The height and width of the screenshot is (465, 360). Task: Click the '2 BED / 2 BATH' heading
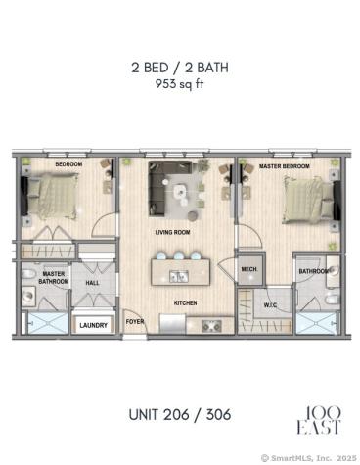[x=179, y=68]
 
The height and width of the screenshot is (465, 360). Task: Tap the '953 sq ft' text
[x=179, y=84]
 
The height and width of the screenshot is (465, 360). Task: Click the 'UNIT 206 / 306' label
[x=179, y=413]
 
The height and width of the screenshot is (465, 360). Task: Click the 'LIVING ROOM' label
[x=172, y=232]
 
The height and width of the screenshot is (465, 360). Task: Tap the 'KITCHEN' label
[x=186, y=303]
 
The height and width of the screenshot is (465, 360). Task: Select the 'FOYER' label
[x=134, y=320]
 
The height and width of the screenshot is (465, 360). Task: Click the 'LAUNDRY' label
[x=93, y=325]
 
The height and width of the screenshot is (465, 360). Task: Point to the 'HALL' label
[x=92, y=283]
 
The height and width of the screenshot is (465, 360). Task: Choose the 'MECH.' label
[x=248, y=269]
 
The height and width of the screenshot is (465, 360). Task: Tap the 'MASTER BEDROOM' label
[x=285, y=167]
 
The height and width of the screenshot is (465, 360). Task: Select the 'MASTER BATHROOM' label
[x=53, y=278]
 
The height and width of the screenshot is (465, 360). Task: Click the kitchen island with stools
[x=182, y=268]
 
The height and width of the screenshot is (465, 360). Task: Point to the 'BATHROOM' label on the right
[x=314, y=271]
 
